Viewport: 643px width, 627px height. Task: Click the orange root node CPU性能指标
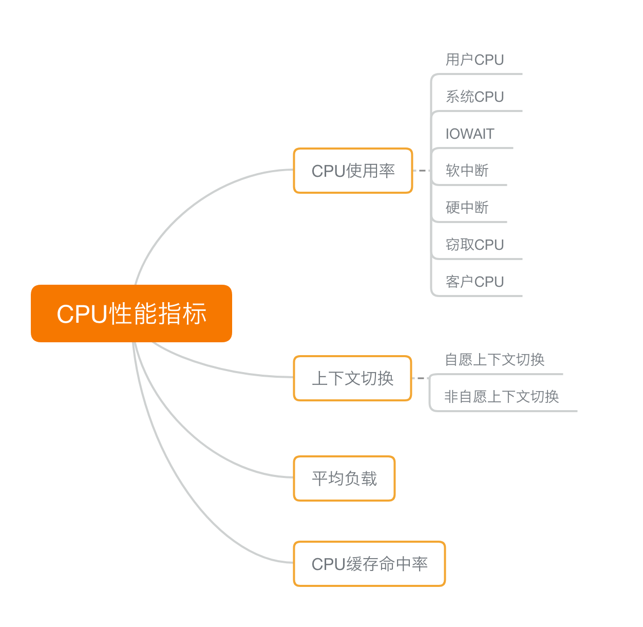[x=131, y=314]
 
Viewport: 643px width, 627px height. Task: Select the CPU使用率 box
[x=353, y=171]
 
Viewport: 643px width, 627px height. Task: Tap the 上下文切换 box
[x=352, y=378]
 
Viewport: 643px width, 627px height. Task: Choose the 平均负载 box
[x=344, y=478]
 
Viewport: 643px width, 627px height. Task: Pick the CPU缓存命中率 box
[x=369, y=564]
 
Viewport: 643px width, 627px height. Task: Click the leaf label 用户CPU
[x=475, y=60]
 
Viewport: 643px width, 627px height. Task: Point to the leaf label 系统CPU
[x=475, y=97]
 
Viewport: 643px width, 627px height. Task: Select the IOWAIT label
[x=469, y=134]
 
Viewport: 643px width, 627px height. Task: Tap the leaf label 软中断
[x=467, y=171]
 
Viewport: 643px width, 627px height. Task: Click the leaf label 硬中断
[x=467, y=208]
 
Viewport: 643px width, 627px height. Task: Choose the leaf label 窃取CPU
[x=475, y=245]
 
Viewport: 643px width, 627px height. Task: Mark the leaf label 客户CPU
[x=475, y=282]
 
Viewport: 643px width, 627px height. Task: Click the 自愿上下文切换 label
[x=495, y=360]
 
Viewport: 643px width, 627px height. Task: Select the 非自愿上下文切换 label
[x=501, y=397]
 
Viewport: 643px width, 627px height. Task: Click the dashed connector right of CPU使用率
[x=421, y=171]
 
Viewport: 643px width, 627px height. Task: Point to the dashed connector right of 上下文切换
[x=420, y=378]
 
